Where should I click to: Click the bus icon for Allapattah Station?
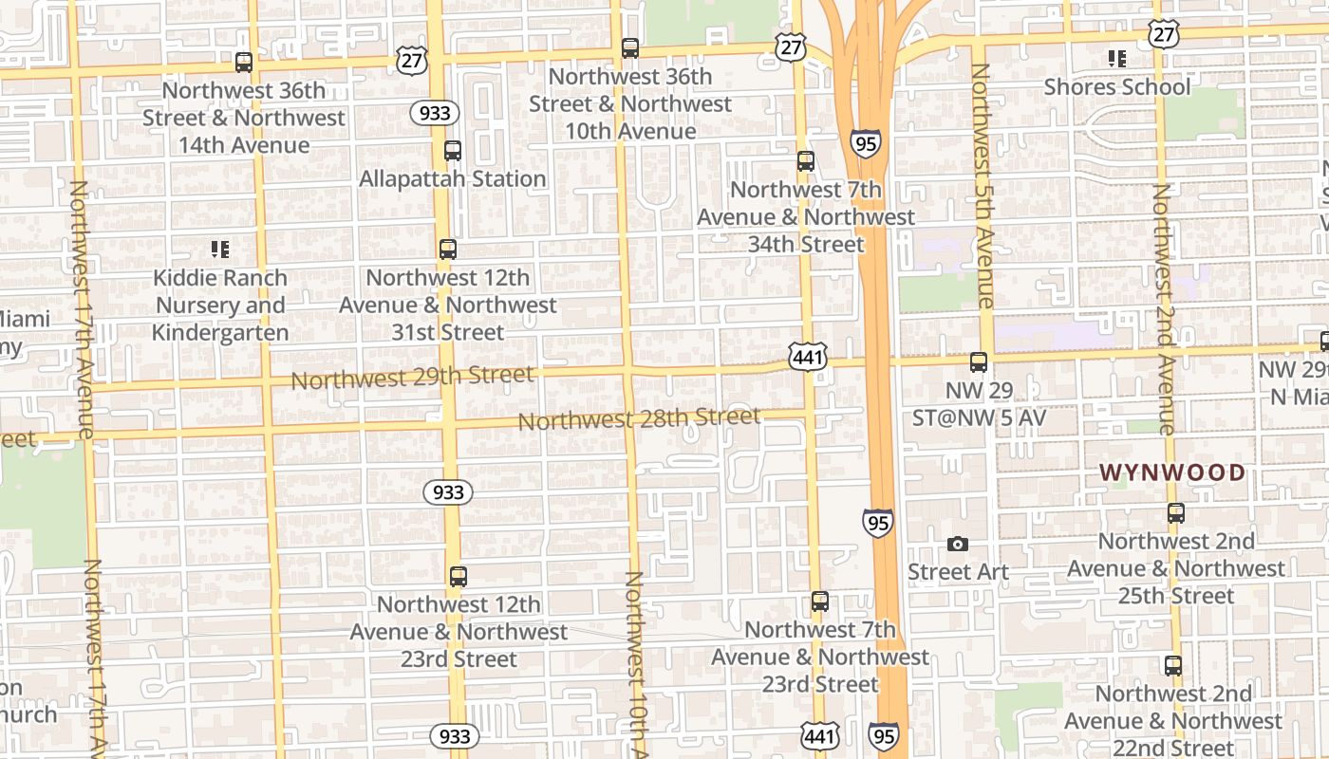click(x=453, y=151)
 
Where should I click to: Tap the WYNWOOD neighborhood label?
click(x=1172, y=472)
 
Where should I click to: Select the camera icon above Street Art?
click(x=958, y=545)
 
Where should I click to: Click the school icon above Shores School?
click(x=1117, y=59)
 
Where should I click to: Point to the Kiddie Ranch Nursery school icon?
click(x=220, y=250)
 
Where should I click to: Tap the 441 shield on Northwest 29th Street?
click(x=807, y=358)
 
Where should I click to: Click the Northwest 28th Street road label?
click(x=639, y=418)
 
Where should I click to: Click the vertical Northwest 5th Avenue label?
click(x=983, y=186)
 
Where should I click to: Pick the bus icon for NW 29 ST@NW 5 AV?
click(x=979, y=362)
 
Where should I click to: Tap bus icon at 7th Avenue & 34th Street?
click(x=806, y=161)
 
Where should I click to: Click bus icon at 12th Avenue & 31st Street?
click(x=448, y=250)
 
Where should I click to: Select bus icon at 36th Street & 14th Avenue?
click(x=244, y=63)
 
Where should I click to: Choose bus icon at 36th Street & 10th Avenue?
click(x=630, y=48)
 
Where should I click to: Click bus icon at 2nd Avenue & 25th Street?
click(x=1176, y=513)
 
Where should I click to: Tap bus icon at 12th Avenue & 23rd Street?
click(x=459, y=577)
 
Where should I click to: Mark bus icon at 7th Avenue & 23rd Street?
click(x=820, y=602)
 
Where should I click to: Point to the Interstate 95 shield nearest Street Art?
click(x=878, y=522)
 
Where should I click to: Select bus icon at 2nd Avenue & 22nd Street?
click(x=1173, y=666)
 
